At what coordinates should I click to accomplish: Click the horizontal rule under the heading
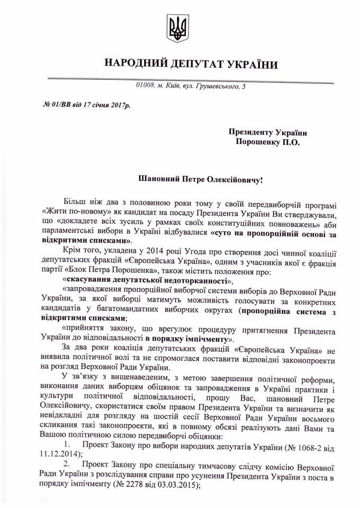(x=180, y=78)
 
